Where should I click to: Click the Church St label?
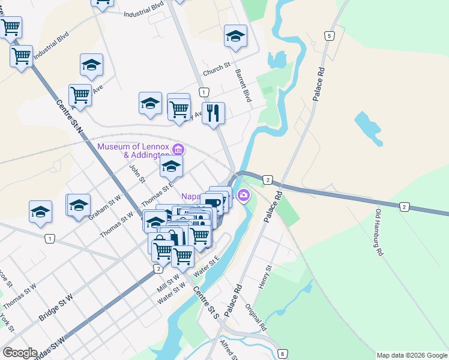pyautogui.click(x=217, y=71)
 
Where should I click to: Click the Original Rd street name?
pyautogui.click(x=256, y=317)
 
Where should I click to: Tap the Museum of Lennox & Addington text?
pyautogui.click(x=133, y=151)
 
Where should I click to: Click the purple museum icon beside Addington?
pyautogui.click(x=178, y=149)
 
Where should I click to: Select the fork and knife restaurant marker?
pyautogui.click(x=213, y=113)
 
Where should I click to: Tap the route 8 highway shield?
pyautogui.click(x=283, y=354)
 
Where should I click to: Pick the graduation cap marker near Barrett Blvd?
pyautogui.click(x=235, y=36)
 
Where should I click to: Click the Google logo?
pyautogui.click(x=20, y=353)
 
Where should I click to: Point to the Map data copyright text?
pyautogui.click(x=411, y=355)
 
